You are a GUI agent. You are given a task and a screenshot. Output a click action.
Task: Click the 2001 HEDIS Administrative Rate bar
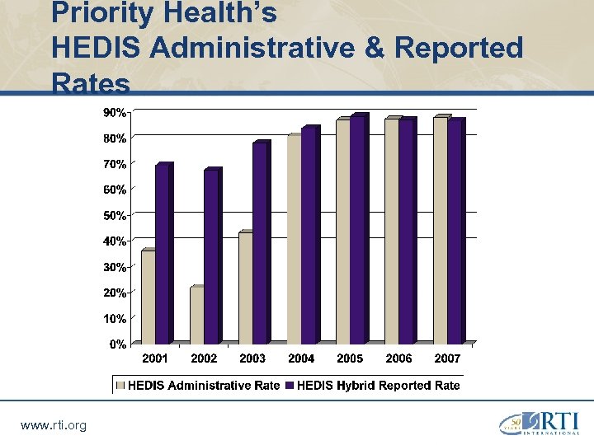(x=148, y=297)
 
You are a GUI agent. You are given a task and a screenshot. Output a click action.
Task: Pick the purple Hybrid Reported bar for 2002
(x=210, y=256)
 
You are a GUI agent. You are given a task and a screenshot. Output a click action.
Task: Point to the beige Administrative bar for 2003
(x=245, y=288)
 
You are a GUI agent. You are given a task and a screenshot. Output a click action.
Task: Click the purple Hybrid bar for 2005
(x=356, y=230)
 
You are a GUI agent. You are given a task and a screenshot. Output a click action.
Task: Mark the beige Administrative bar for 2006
(x=391, y=232)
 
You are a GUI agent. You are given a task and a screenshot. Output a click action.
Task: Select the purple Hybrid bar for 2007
(x=454, y=232)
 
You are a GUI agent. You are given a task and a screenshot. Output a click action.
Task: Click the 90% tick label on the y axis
(x=115, y=111)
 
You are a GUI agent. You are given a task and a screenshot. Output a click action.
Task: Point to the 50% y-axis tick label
(x=115, y=215)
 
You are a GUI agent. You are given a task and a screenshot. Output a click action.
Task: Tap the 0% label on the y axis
(x=118, y=344)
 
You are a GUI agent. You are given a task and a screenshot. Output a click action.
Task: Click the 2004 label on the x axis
(x=301, y=358)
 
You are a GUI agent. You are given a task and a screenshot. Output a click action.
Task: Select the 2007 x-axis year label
(x=447, y=358)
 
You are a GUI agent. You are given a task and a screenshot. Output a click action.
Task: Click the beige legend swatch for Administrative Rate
(x=121, y=385)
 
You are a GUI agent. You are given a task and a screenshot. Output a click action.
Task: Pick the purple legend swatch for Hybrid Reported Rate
(x=290, y=385)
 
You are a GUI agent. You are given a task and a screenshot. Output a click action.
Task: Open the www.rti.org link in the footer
(x=53, y=425)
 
